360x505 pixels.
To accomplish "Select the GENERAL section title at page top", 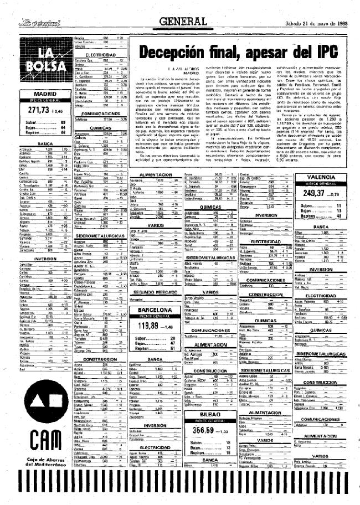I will click(177, 22).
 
